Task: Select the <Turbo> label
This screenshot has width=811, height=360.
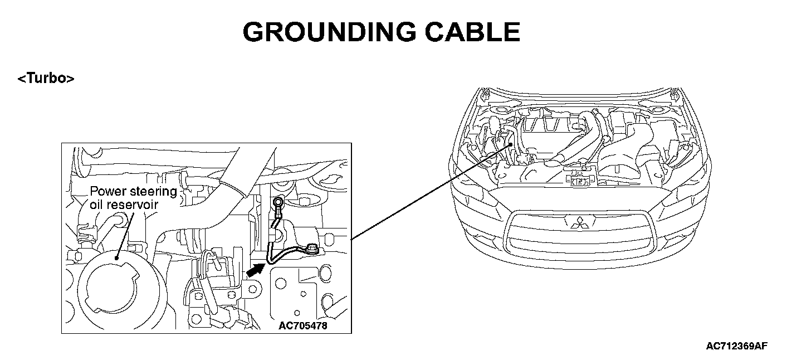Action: (x=46, y=79)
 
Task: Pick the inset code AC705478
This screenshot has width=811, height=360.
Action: (x=303, y=325)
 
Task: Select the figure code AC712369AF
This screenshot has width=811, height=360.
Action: (x=736, y=346)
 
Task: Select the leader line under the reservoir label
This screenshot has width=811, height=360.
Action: (x=124, y=234)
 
